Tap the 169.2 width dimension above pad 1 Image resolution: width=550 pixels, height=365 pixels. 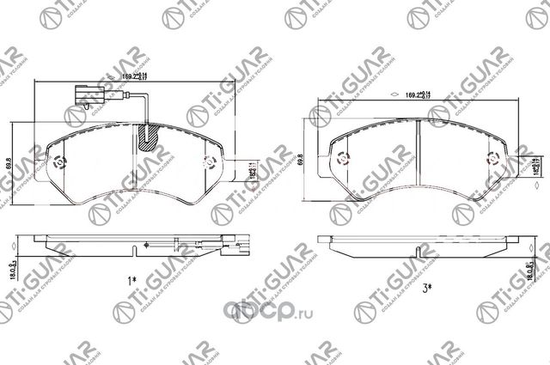[x=131, y=76]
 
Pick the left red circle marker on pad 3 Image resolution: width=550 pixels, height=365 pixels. [x=341, y=159]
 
